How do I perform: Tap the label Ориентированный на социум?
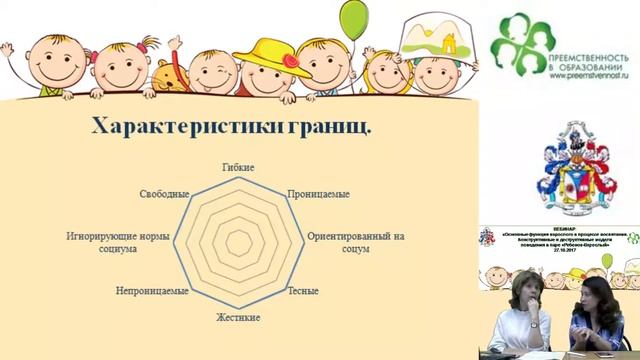point(355,241)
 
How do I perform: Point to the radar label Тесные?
point(303,292)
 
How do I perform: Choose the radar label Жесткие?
point(238,317)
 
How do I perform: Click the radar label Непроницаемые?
point(153,292)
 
